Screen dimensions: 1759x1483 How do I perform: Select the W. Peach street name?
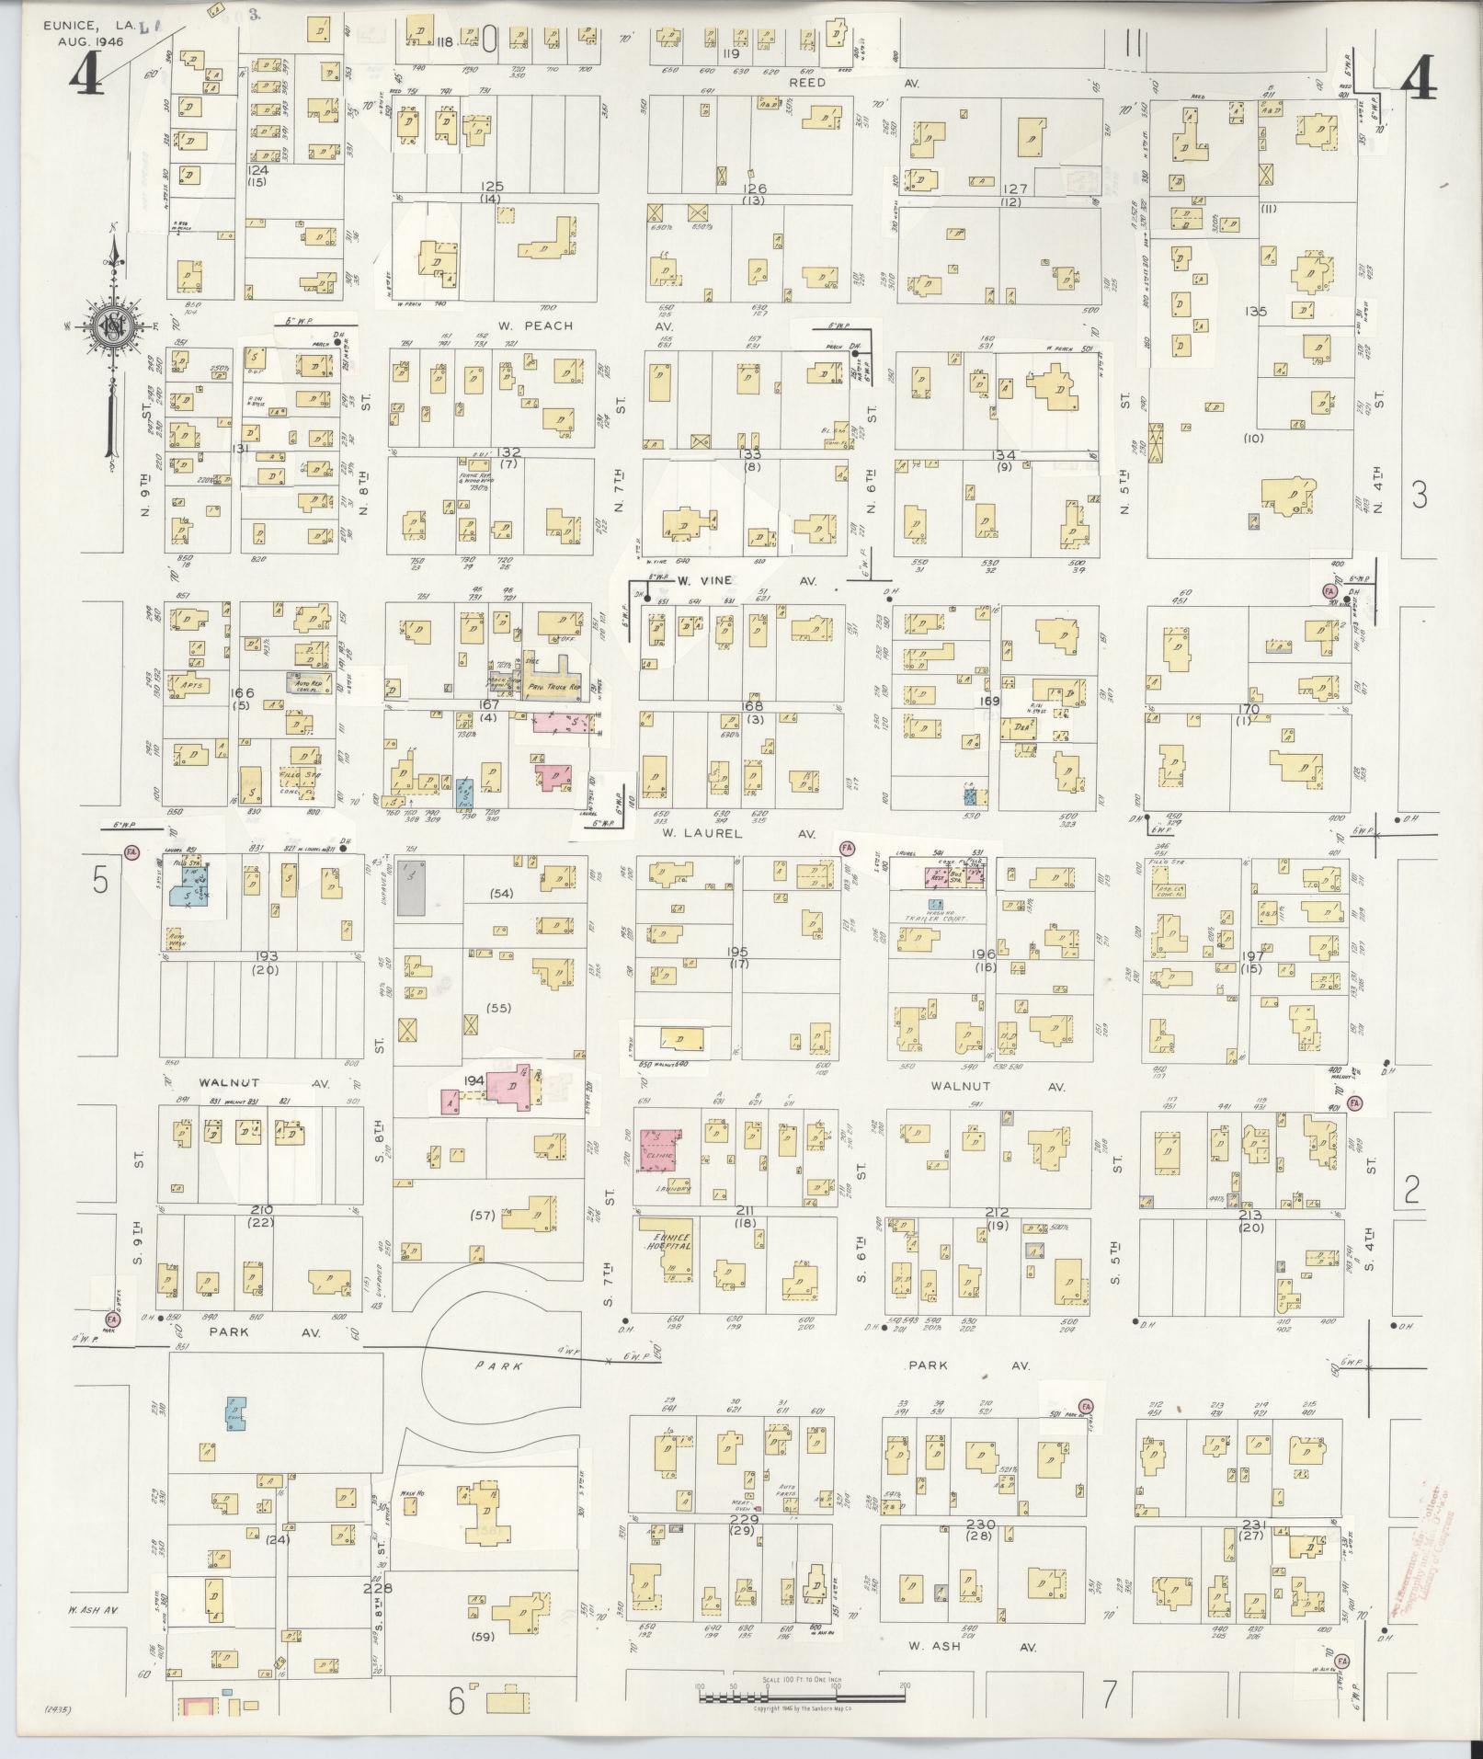[x=536, y=326]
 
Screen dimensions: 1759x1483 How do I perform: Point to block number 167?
[x=487, y=705]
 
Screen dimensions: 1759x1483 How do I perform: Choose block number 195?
[x=737, y=952]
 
